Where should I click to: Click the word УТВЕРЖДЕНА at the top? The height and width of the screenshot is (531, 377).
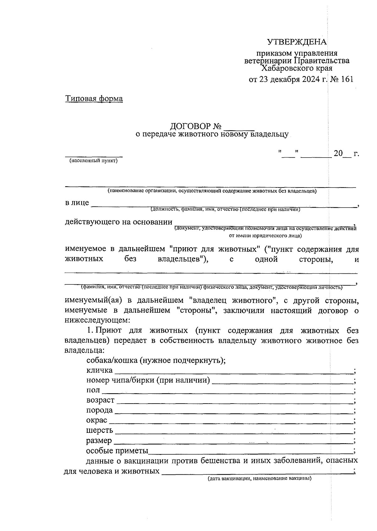pos(297,42)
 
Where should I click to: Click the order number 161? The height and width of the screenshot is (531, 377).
pos(346,79)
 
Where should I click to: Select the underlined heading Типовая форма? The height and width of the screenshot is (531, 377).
pos(94,98)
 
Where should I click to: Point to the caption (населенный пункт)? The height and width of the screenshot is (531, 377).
pos(94,161)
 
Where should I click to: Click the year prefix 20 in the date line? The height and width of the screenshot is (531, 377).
pos(338,154)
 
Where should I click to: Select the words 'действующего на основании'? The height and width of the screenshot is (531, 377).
pos(118,222)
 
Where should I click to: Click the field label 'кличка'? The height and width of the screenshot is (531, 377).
pos(99,370)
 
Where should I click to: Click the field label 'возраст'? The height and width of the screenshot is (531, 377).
pos(100,400)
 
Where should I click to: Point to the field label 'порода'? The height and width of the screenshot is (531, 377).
pos(99,410)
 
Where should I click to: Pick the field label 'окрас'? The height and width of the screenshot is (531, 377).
pos(96,420)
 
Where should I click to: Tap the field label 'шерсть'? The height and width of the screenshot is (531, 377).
pos(99,430)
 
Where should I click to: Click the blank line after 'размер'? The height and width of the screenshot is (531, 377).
pos(232,442)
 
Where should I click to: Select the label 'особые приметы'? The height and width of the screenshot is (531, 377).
pos(117,451)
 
